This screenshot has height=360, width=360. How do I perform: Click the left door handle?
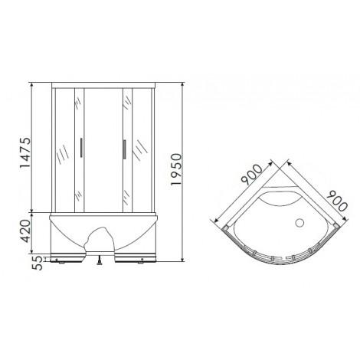81,149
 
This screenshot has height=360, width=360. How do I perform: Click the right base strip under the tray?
138,257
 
